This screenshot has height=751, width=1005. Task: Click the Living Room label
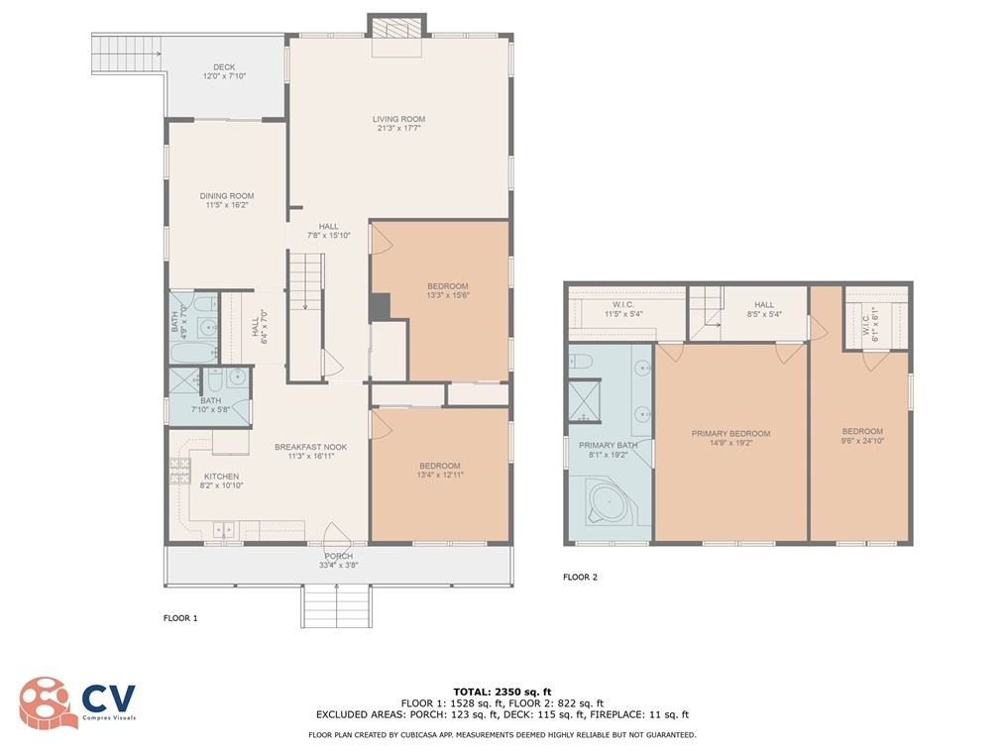398,119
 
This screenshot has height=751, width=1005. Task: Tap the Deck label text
224,66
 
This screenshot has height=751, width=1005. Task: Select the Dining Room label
227,196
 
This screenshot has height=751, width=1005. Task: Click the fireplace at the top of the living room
396,35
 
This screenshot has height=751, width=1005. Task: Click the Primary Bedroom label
730,434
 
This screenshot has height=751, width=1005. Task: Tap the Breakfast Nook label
311,447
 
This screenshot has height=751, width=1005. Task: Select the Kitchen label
221,477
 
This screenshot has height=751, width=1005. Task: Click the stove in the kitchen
180,471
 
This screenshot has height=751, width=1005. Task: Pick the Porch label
338,556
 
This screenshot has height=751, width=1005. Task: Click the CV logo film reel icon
44,702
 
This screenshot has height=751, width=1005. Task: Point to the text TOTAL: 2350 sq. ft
502,692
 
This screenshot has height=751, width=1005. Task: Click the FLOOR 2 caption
580,577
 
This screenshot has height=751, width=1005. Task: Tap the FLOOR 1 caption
180,618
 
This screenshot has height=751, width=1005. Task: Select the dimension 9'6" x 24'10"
862,441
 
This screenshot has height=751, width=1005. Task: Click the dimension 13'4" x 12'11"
440,475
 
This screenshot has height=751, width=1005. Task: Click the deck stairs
127,54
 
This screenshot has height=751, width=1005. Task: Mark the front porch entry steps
337,606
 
